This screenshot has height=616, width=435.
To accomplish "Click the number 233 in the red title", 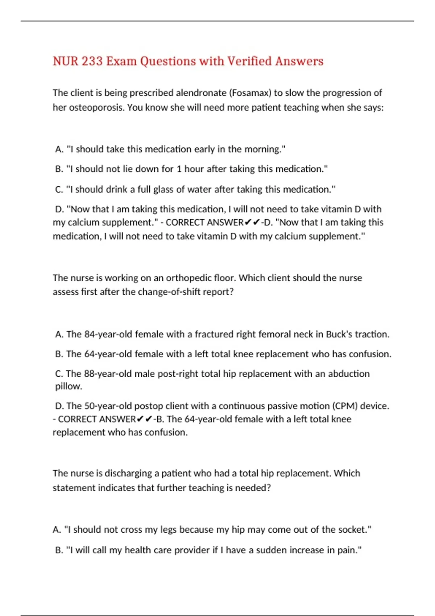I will click(92, 61).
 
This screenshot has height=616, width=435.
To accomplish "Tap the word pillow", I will click(68, 386).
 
